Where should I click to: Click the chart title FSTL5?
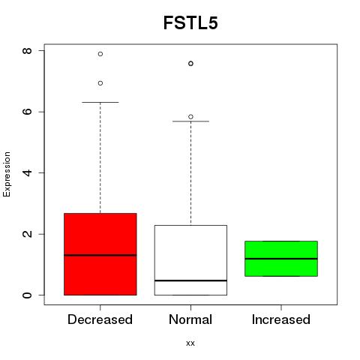(x=190, y=23)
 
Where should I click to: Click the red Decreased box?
(x=100, y=254)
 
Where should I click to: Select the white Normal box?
(x=190, y=260)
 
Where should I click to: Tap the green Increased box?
(x=281, y=259)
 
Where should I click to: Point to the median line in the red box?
(x=100, y=255)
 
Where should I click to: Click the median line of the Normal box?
(x=190, y=280)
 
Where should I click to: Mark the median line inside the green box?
(x=281, y=259)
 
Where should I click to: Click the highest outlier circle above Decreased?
(x=100, y=54)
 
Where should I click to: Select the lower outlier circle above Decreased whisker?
(x=100, y=83)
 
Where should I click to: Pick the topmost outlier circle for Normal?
(x=190, y=64)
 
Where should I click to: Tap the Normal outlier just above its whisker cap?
(x=190, y=117)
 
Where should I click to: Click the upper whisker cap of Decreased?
(x=100, y=102)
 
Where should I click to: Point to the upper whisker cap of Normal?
(x=190, y=121)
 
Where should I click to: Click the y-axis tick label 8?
(x=27, y=51)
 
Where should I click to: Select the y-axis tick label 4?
(x=27, y=172)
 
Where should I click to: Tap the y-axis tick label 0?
(x=27, y=295)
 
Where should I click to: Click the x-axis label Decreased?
(x=100, y=319)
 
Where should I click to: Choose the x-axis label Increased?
(x=281, y=319)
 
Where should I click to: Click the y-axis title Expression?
(x=7, y=174)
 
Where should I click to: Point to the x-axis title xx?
(x=190, y=343)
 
